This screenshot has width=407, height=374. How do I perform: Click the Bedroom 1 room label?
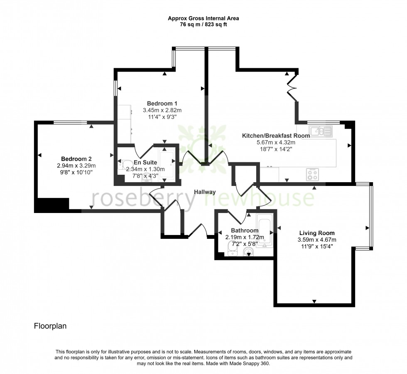pos(162,103)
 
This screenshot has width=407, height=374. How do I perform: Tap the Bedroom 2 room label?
pos(76,159)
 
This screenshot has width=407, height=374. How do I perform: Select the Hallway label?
pos(205,192)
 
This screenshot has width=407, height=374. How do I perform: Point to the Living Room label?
pos(317,233)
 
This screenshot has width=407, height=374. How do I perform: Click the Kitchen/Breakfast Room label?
pos(276,136)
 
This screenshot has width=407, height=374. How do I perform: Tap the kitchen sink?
pos(321,131)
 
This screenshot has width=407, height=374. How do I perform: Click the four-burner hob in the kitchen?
pos(312,174)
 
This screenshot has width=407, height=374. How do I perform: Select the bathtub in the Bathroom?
pos(264,230)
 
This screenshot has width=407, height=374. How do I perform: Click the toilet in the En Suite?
pos(124,165)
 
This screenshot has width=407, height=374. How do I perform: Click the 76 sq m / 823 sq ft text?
pos(203,25)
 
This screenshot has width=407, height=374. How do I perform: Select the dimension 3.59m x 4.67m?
pos(317,240)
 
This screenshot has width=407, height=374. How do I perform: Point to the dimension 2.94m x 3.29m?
pos(76,166)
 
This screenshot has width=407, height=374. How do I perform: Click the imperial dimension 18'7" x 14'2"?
pos(276,149)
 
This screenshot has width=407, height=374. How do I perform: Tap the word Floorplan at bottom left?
pos(50,326)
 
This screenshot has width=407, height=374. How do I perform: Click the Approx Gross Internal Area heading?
pos(203,18)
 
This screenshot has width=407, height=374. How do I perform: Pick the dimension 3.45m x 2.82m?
pos(162,110)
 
